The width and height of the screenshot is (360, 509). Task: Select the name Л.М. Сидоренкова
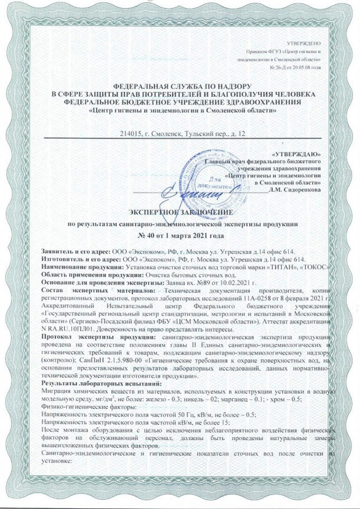coord(295,190)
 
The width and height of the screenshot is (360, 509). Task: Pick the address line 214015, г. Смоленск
coord(183,134)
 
